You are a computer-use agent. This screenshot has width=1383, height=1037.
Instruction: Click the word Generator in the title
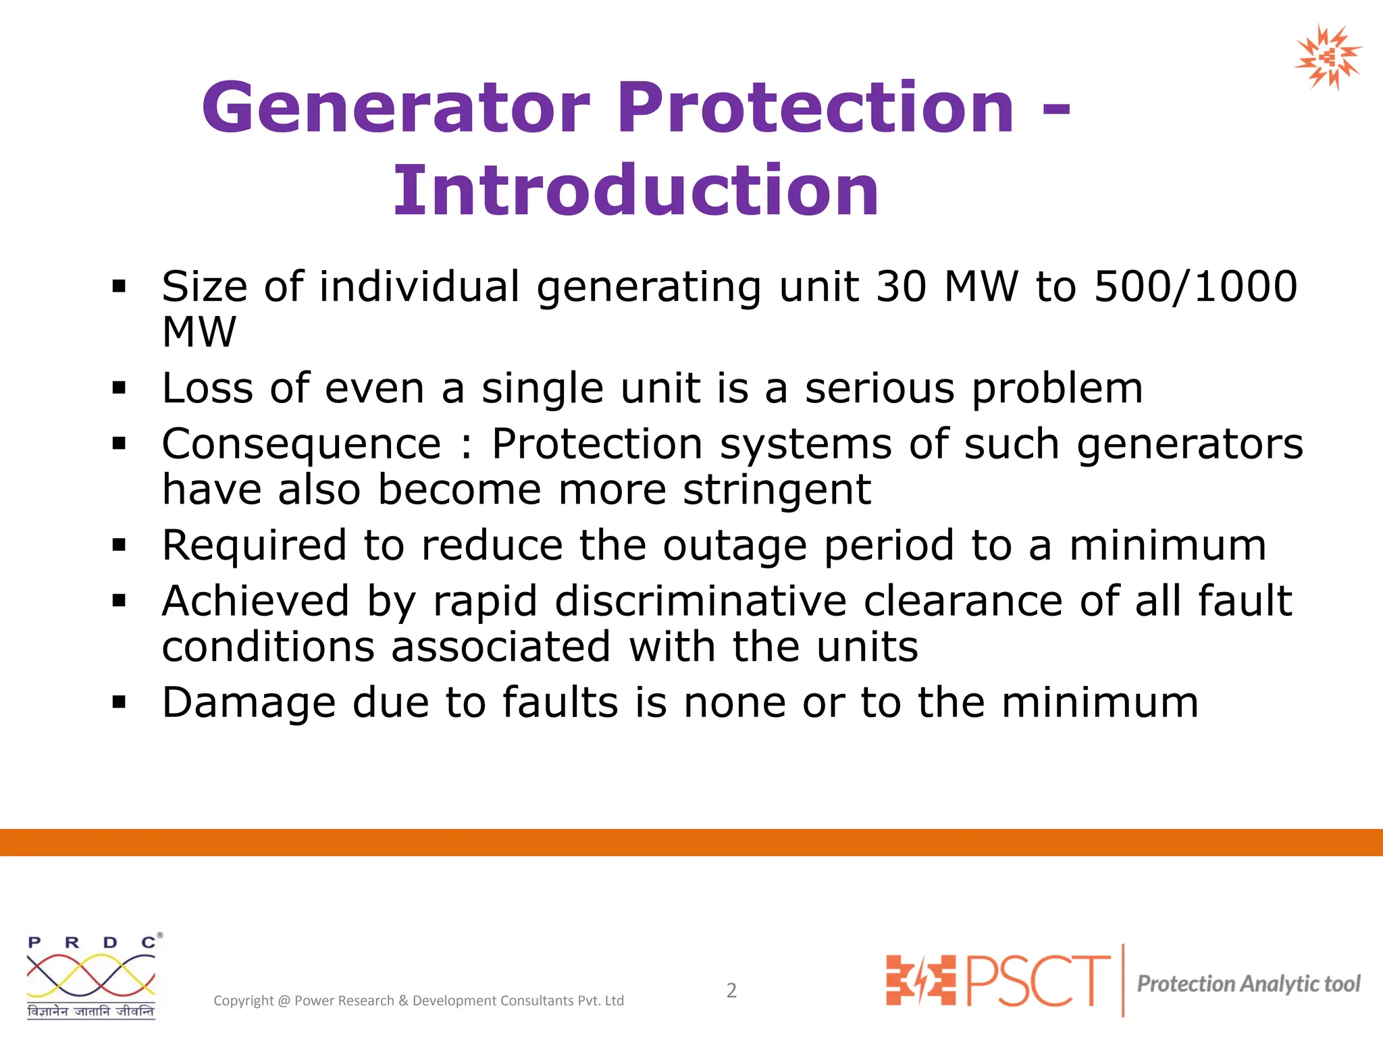[396, 108]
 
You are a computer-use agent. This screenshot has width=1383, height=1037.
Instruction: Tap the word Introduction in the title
[635, 192]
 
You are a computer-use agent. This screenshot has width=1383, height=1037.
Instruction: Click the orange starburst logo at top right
[1328, 57]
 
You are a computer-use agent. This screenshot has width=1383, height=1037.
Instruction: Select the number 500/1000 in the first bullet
[1195, 287]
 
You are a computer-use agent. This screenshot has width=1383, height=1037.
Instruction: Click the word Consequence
[301, 445]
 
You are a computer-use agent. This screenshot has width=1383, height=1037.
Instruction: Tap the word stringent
[777, 490]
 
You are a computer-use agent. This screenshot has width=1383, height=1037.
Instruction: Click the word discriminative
[700, 602]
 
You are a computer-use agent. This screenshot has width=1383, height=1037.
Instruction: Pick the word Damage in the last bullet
[248, 703]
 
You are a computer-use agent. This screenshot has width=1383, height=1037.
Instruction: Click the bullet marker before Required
[120, 545]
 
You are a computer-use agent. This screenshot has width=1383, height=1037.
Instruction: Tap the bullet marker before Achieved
[120, 601]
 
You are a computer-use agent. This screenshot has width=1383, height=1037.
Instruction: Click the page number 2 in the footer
[731, 990]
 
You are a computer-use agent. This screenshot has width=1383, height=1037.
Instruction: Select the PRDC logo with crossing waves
[92, 976]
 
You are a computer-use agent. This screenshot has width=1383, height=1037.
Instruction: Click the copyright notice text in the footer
[419, 1001]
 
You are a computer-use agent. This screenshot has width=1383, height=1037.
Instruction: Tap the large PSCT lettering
[1038, 980]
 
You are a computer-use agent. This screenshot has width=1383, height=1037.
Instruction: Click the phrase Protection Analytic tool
[1249, 984]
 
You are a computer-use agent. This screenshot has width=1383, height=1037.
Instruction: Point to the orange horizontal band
[691, 842]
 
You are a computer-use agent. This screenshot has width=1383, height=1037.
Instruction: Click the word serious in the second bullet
[880, 389]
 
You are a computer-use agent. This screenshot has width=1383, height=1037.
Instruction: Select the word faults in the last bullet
[560, 703]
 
